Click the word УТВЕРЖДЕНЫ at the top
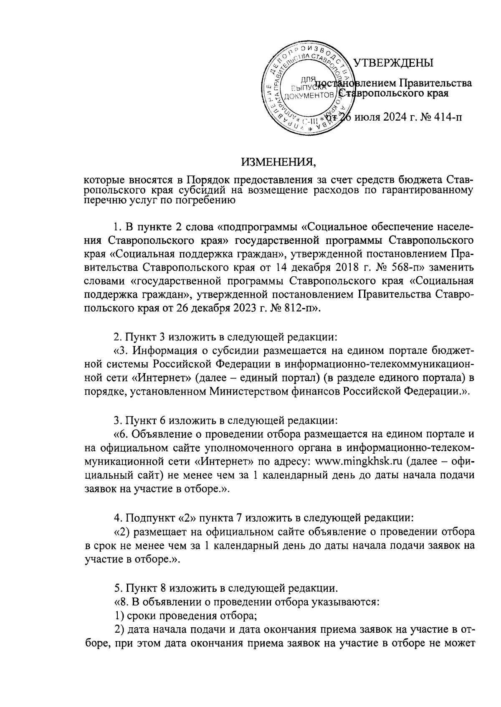(393, 63)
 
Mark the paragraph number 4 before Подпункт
(117, 518)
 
